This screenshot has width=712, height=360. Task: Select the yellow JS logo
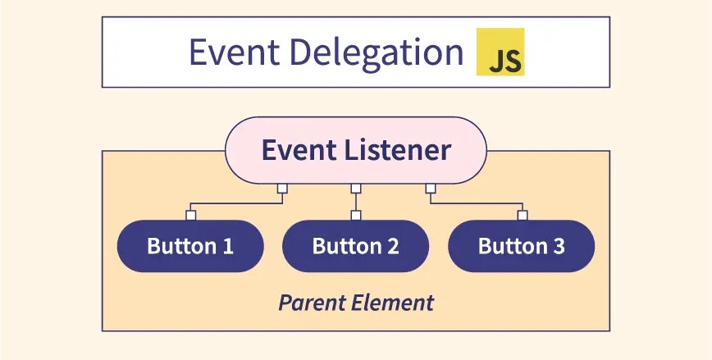pos(500,52)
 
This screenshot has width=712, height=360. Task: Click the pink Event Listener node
pos(355,150)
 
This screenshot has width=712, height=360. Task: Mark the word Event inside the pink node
pos(296,150)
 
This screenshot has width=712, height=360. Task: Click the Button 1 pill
pos(190,246)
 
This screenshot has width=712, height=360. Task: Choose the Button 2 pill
pos(355,246)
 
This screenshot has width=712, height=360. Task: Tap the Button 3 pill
pos(521,246)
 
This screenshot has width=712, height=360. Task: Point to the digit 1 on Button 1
pos(227,246)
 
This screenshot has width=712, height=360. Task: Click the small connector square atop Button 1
pos(190,216)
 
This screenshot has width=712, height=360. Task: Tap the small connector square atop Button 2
pos(355,216)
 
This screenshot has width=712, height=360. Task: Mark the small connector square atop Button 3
pos(522,216)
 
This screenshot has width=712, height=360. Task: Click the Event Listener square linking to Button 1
pos(281,189)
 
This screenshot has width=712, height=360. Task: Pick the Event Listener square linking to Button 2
pos(355,189)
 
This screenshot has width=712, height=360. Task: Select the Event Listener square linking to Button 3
pos(430,189)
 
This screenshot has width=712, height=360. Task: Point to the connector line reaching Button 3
pos(476,203)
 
